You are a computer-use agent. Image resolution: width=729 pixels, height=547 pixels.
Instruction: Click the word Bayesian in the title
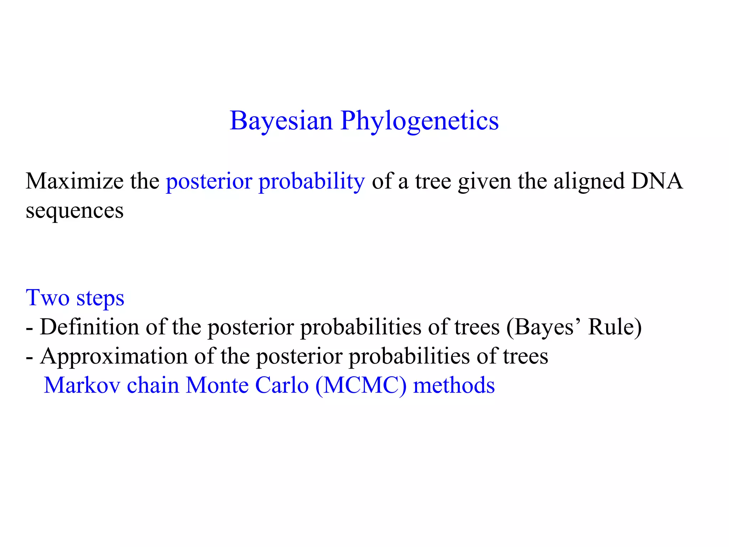[x=281, y=121]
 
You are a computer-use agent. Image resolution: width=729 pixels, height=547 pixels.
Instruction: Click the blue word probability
[x=311, y=182]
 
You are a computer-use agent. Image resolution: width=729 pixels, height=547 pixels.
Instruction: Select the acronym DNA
[x=657, y=181]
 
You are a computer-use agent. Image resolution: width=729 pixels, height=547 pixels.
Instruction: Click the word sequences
[x=75, y=211]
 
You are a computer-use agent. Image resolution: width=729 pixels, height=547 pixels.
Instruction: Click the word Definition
[x=89, y=327]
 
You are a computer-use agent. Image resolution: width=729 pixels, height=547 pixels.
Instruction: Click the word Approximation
[x=114, y=356]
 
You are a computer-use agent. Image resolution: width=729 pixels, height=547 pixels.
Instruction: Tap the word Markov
[x=82, y=385]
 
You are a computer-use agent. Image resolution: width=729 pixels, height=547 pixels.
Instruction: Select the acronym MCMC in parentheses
[x=361, y=385]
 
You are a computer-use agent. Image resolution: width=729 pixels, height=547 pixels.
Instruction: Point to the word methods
[x=454, y=385]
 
